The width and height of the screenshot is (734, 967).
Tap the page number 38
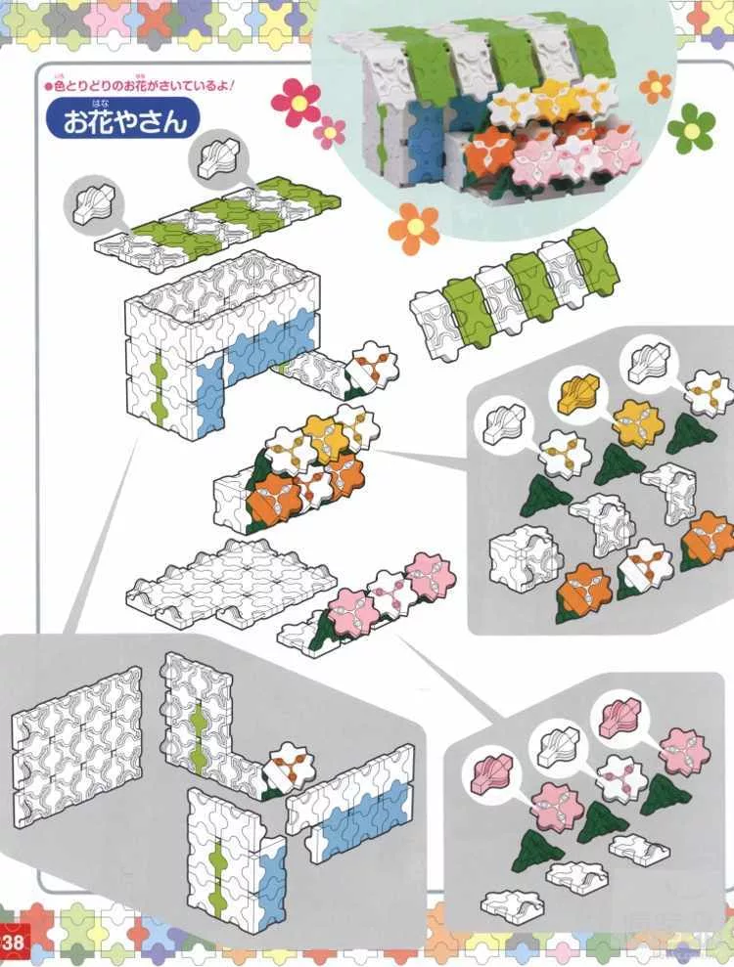tap(12, 942)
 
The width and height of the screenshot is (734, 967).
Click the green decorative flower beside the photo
tap(691, 128)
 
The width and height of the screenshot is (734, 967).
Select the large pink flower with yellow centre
tap(296, 103)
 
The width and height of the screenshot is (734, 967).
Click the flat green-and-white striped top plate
tap(217, 216)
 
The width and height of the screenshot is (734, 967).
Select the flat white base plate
tap(232, 582)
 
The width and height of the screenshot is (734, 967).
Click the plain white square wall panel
tap(77, 734)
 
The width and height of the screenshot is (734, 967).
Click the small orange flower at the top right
tap(655, 86)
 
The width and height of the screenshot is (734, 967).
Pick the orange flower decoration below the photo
tap(414, 228)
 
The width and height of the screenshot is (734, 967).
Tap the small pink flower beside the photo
tap(330, 132)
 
